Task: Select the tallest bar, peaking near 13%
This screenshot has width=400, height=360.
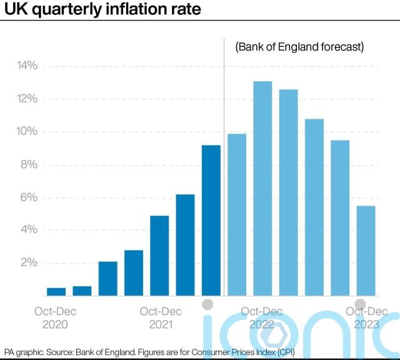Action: coord(262,188)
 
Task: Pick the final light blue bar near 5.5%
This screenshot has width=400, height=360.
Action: coord(366,251)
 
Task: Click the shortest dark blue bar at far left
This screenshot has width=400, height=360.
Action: coord(56,291)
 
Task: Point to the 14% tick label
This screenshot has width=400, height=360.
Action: coord(27,66)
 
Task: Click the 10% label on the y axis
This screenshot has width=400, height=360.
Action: coord(27,132)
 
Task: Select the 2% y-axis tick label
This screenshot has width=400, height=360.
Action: coord(29,263)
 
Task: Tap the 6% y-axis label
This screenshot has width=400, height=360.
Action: coord(29,197)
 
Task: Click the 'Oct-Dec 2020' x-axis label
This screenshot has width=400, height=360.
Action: coord(56,317)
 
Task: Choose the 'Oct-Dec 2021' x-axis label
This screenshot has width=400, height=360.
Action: coord(161,317)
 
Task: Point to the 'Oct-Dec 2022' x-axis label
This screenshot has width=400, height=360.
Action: coord(262,317)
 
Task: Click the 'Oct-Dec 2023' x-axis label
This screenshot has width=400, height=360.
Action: coord(366,317)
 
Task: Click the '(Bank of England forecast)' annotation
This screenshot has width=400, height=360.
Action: coord(299,47)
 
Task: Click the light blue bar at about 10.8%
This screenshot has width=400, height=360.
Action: coord(314,207)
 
